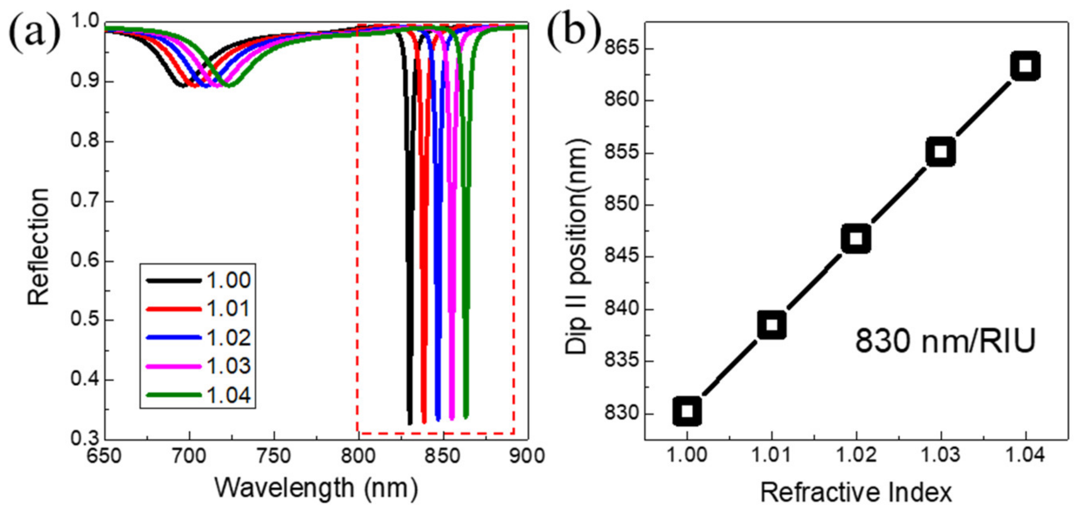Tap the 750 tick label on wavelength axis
(x=274, y=456)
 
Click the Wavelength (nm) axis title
(x=316, y=488)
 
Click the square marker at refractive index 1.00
(x=687, y=411)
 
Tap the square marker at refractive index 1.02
(x=856, y=238)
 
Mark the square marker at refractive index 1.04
(x=1026, y=66)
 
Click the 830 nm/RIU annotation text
(x=946, y=341)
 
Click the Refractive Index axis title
(x=856, y=493)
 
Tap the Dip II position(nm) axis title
(x=577, y=247)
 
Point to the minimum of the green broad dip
(x=230, y=86)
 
